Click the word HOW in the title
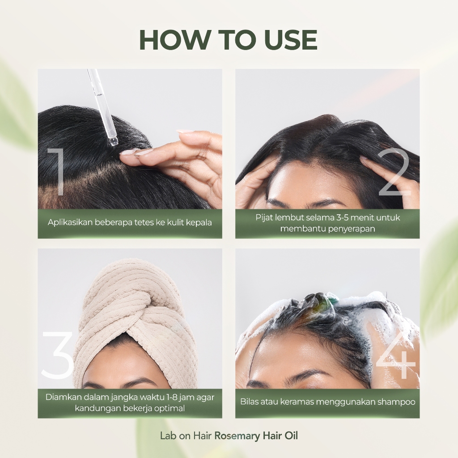[175, 40]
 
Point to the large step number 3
[57, 356]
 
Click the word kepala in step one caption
[200, 223]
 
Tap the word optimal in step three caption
[170, 408]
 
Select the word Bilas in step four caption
[249, 402]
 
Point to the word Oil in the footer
[291, 436]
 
